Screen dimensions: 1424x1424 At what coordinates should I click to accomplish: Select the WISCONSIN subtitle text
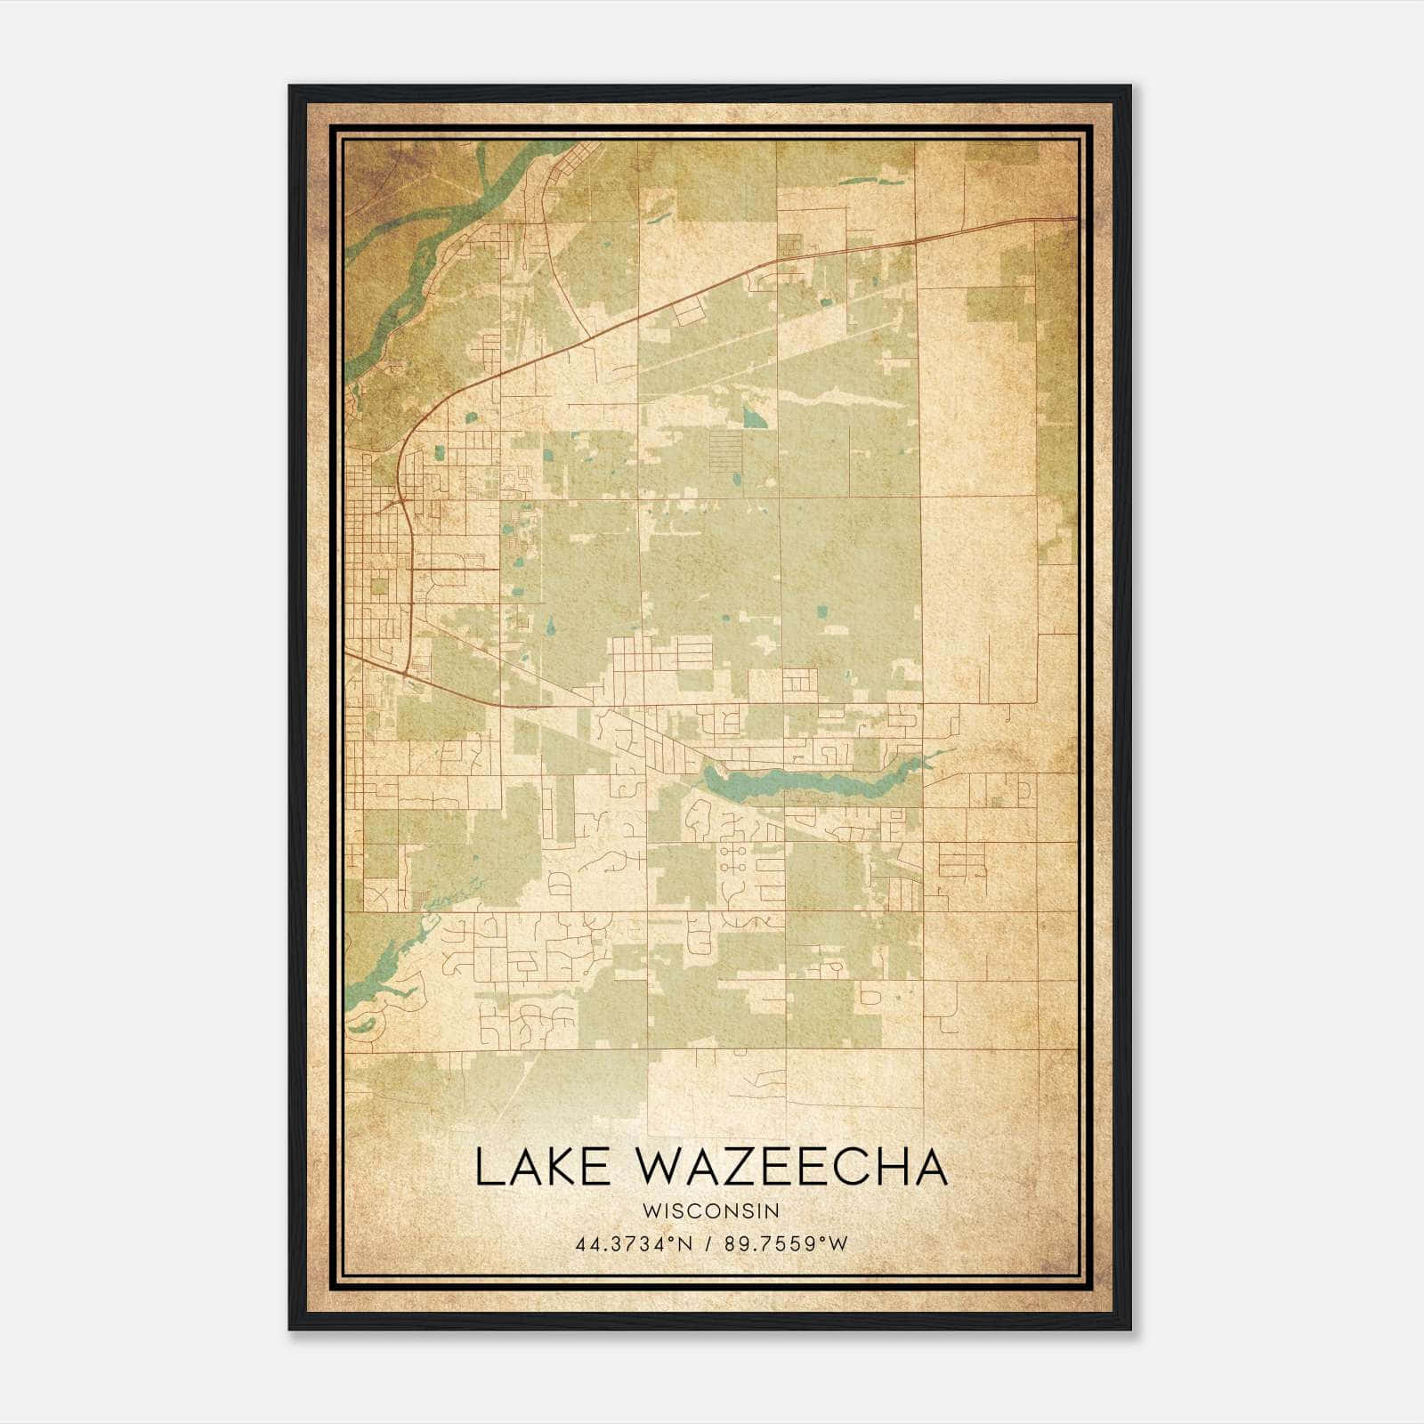point(711,1211)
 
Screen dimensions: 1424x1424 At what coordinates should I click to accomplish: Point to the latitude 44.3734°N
point(635,1244)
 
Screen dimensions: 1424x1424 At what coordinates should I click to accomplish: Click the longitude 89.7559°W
point(783,1244)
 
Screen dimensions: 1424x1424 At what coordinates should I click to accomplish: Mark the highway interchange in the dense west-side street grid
point(402,506)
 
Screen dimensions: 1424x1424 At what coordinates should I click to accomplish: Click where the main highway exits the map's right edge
point(1075,218)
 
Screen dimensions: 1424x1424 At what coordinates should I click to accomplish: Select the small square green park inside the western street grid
point(379,586)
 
